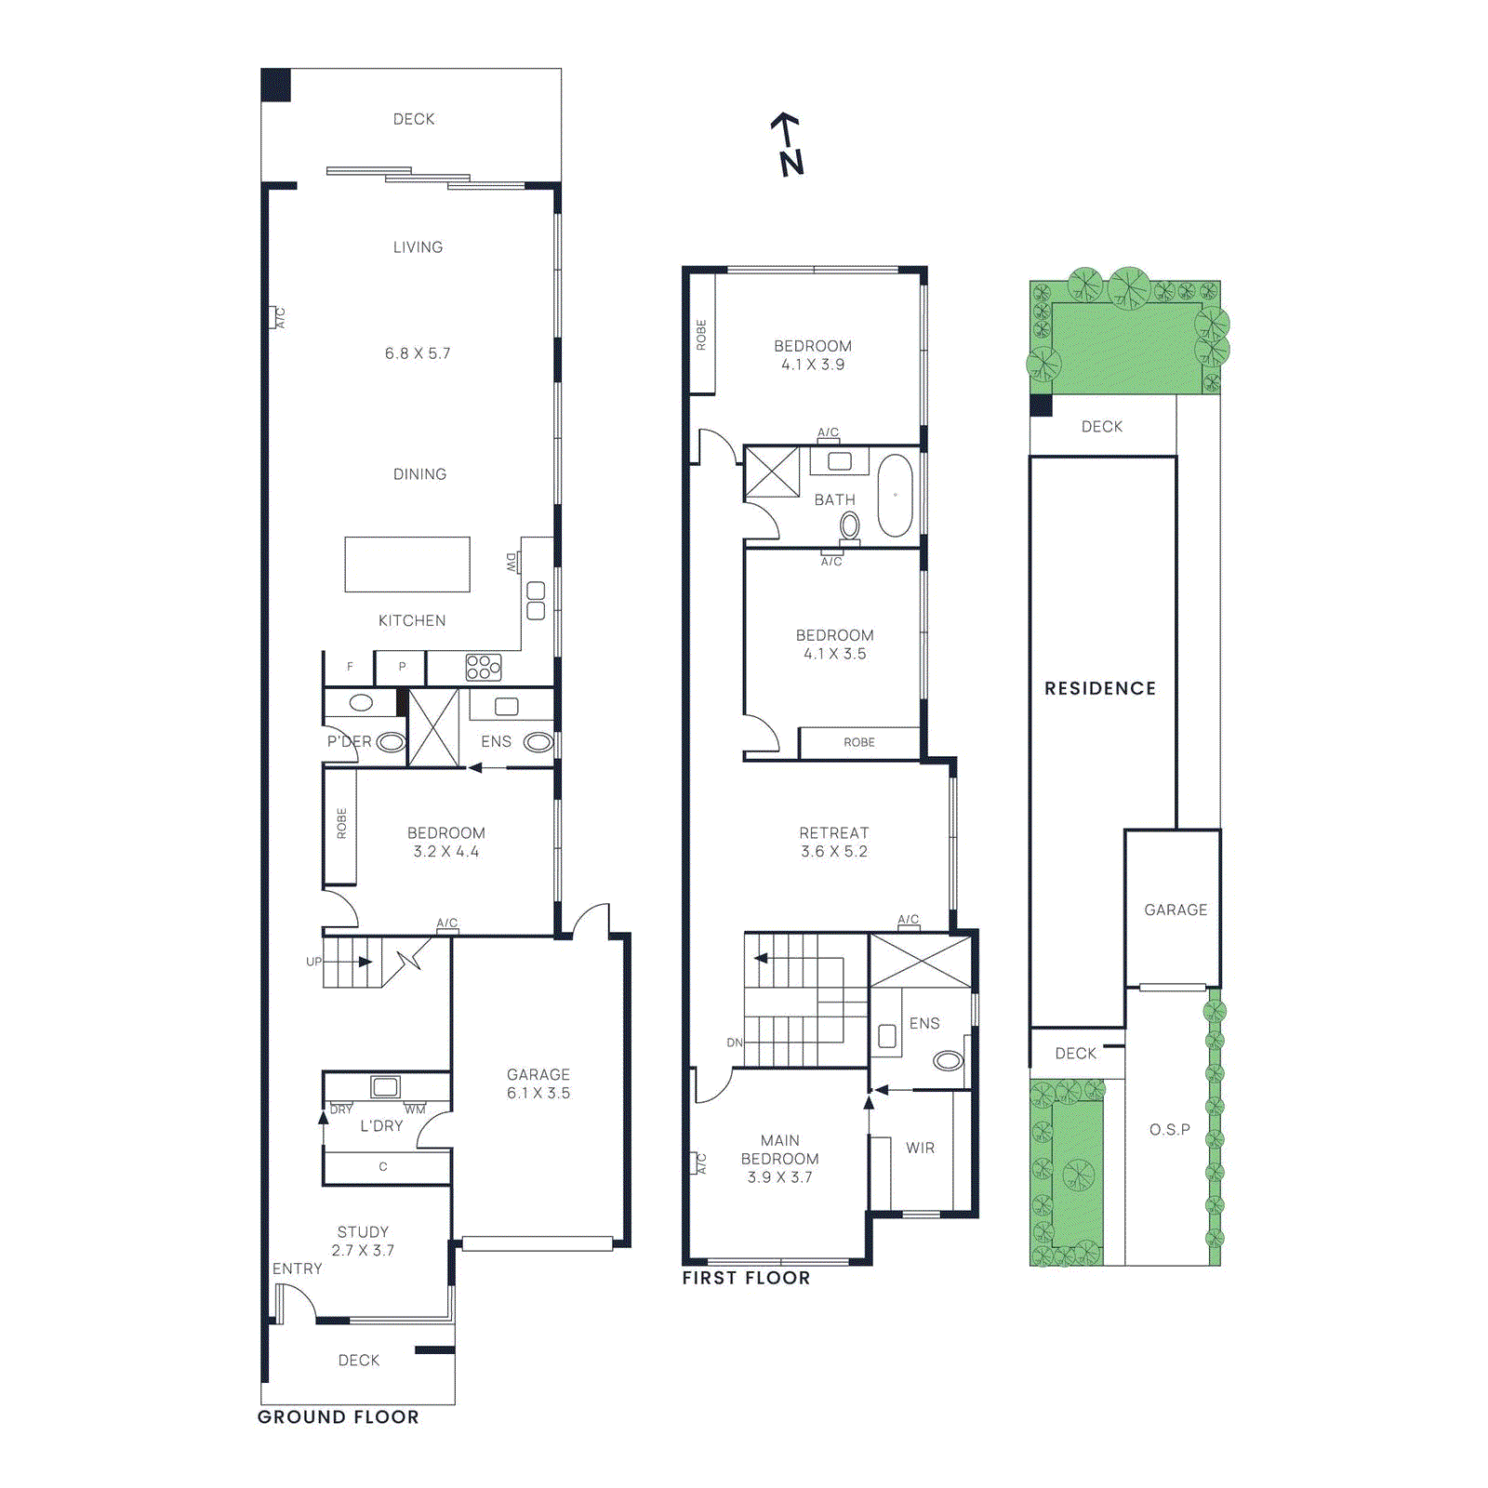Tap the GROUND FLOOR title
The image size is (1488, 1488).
[338, 1416]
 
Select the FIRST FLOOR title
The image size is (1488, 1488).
[746, 1278]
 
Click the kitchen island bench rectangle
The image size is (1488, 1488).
[407, 564]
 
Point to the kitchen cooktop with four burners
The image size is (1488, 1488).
[484, 667]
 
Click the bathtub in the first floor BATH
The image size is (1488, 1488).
[896, 495]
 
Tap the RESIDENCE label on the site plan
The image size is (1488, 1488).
[1100, 688]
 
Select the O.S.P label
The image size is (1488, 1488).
[1169, 1129]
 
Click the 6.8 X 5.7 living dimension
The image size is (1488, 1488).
[418, 353]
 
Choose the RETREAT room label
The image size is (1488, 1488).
[834, 833]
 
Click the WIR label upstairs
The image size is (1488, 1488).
[920, 1148]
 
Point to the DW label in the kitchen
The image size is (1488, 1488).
[511, 562]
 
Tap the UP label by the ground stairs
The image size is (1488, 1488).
[313, 962]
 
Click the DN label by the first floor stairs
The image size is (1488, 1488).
[735, 1043]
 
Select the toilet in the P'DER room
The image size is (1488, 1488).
[391, 742]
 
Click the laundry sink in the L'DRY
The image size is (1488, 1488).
[385, 1086]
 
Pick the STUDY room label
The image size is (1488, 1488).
[363, 1231]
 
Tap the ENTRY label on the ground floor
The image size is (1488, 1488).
[297, 1269]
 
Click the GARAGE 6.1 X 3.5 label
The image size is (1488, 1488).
[538, 1083]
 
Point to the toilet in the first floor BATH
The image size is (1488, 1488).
[849, 526]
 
